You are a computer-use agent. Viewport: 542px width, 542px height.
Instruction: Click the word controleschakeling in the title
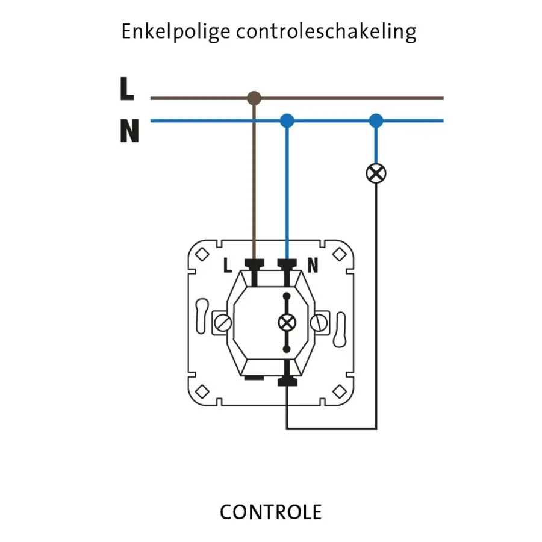click(326, 31)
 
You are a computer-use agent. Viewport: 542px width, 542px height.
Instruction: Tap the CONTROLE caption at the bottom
click(270, 512)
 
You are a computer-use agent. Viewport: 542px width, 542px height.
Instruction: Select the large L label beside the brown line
click(127, 90)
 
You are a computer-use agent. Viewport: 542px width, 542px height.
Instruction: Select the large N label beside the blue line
click(129, 131)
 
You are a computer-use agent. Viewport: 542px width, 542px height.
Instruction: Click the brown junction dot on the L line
click(254, 98)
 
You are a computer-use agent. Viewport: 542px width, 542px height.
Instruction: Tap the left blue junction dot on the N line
click(287, 120)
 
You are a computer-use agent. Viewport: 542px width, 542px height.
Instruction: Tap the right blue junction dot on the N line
click(376, 120)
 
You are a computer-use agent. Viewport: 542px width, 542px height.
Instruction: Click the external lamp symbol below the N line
click(376, 174)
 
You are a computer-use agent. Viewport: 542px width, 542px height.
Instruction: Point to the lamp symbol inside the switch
click(287, 322)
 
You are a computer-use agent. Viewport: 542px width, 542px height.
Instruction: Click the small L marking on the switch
click(226, 265)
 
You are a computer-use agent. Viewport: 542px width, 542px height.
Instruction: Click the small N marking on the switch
click(312, 265)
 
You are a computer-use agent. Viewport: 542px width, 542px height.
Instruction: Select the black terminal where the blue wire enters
click(287, 264)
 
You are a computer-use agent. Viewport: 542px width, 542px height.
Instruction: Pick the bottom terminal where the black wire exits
click(287, 381)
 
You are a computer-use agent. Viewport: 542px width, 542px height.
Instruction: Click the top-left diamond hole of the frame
click(203, 255)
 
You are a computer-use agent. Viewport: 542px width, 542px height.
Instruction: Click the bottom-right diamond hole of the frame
click(339, 390)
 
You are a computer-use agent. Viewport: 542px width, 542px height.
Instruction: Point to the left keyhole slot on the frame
click(200, 322)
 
